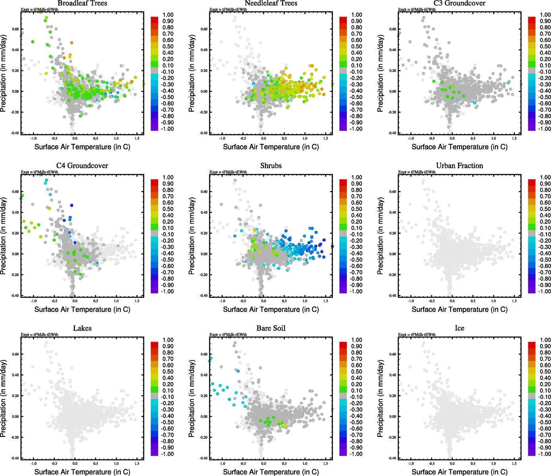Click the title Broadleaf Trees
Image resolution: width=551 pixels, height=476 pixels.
[x=82, y=3]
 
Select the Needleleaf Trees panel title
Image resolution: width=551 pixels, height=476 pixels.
[x=271, y=3]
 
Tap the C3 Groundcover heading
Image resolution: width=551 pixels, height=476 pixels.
[x=459, y=3]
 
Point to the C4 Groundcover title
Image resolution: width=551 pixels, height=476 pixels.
[x=82, y=166]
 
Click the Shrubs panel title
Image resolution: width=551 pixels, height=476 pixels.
[x=271, y=166]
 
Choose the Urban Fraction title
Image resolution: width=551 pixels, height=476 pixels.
[x=459, y=166]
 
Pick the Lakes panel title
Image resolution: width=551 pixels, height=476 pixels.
[x=82, y=328]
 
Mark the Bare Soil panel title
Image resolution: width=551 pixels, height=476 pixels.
[x=271, y=328]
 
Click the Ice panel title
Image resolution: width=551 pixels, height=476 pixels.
[x=459, y=328]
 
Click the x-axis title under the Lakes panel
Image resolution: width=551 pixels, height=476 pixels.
[x=82, y=472]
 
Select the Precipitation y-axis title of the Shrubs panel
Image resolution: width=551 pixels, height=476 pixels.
[x=192, y=236]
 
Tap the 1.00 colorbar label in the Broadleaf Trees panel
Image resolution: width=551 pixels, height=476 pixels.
[x=168, y=15]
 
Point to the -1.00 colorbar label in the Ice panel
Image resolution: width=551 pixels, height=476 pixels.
[x=544, y=454]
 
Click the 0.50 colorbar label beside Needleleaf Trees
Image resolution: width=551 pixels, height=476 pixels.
[x=356, y=46]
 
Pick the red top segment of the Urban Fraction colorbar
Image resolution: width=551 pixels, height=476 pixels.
[x=532, y=182]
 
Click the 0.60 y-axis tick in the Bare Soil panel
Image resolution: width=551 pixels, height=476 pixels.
[x=204, y=354]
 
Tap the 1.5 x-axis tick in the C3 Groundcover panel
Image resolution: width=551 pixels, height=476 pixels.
[x=514, y=138]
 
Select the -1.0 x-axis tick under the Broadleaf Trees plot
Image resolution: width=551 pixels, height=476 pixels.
[x=33, y=138]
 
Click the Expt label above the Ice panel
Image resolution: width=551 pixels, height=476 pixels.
[x=417, y=334]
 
